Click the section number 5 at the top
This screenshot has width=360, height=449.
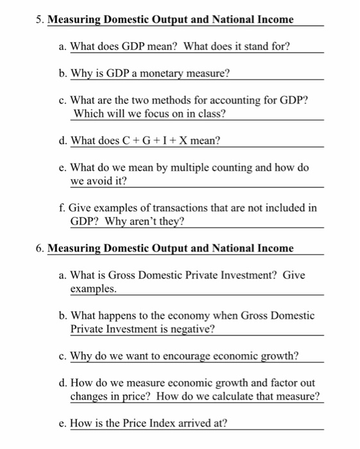pyautogui.click(x=39, y=19)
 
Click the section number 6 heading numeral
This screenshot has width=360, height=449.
pyautogui.click(x=40, y=248)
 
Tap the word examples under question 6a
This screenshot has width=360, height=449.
pyautogui.click(x=94, y=289)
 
